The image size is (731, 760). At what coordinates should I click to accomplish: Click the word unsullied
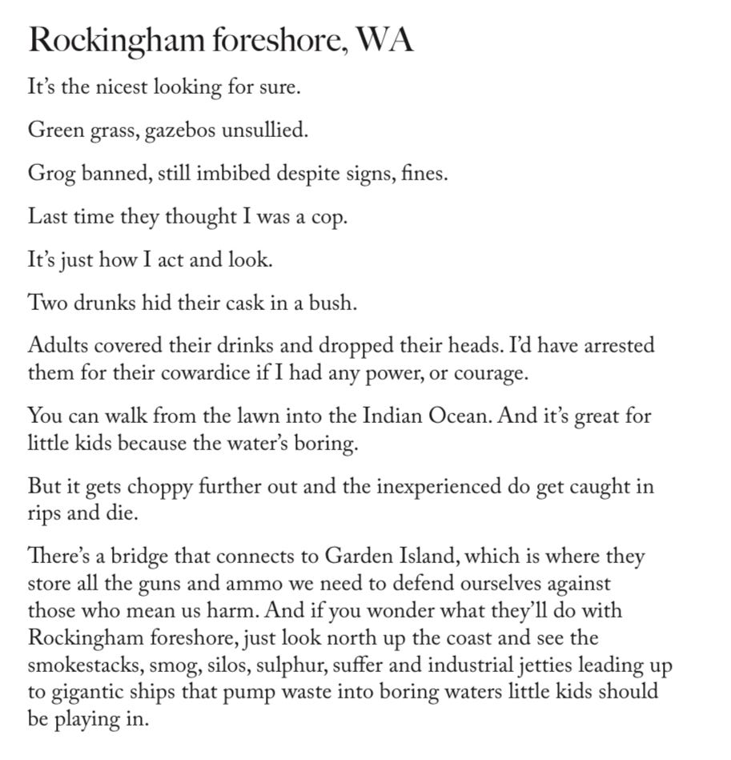click(263, 130)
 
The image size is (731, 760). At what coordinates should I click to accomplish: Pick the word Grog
click(49, 173)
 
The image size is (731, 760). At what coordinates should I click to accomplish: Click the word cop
click(327, 217)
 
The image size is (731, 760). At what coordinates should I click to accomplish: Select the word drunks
click(103, 304)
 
